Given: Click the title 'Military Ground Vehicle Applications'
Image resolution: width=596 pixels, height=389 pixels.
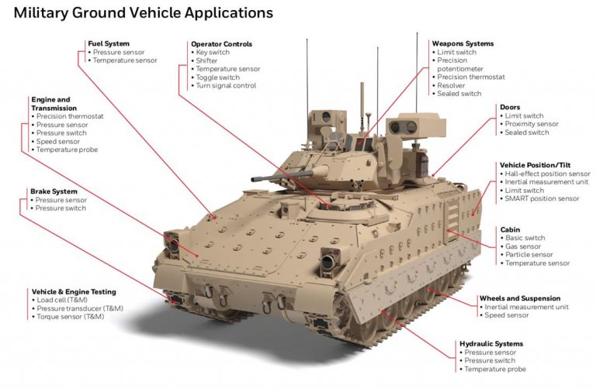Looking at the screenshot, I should pos(144,13).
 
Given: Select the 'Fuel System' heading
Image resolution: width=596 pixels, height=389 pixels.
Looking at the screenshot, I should pos(109,43).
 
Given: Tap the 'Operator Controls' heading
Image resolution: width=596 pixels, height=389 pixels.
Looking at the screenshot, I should pos(221,44).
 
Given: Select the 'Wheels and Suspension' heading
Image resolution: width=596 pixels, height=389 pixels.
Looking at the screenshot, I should pos(518,298).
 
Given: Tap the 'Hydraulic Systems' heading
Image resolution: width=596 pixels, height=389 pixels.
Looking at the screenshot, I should pos(491,343).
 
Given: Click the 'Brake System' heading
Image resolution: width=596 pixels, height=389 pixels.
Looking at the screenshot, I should pos(54,191).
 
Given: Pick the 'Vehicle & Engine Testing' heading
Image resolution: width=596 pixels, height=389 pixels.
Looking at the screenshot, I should pos(74,291).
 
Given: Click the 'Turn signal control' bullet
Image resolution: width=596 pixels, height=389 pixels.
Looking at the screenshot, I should pos(227,86).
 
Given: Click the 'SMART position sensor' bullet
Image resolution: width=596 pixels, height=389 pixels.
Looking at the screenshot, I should pos(542,199).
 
